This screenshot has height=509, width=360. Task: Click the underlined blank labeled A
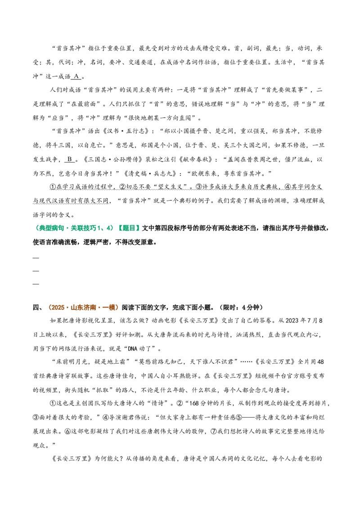coord(76,76)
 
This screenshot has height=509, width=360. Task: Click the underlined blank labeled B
coord(70,159)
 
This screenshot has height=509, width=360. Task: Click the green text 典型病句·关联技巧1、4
coord(74,228)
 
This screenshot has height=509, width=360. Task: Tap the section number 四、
coord(38,308)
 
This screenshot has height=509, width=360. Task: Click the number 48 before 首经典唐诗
coord(320,362)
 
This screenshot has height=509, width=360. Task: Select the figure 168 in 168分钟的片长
coord(194,403)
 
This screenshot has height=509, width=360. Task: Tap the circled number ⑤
coord(239,417)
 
